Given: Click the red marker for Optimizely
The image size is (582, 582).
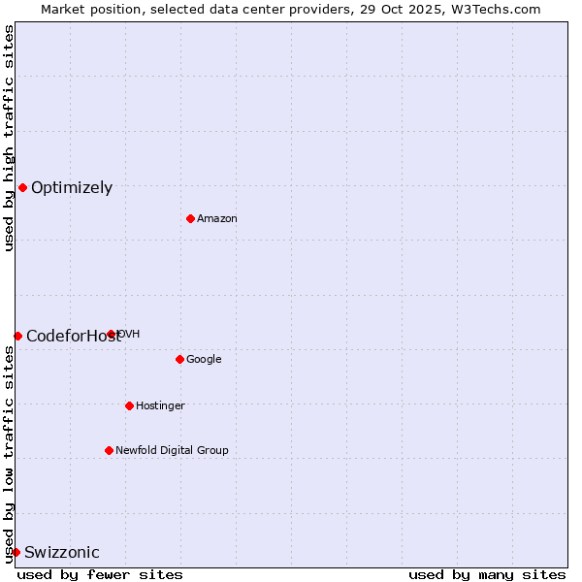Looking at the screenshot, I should tap(22, 187).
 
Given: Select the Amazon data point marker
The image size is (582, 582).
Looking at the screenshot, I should tap(190, 218).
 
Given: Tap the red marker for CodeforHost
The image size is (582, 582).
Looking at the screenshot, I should tap(17, 336).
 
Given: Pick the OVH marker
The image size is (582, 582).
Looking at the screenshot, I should tap(112, 334).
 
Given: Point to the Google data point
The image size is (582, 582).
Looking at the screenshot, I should tap(179, 359).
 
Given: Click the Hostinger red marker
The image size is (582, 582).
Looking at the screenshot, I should tap(129, 405).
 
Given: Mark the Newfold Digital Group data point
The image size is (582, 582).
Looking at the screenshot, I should tap(109, 450).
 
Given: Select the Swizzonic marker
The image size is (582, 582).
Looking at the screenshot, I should tap(16, 552).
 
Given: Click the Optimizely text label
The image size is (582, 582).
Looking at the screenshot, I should tap(72, 188).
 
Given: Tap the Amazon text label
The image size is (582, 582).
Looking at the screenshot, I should tap(217, 219).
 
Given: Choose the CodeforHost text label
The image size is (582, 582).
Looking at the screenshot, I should tap(74, 337).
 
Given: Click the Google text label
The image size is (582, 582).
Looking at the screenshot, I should tap(204, 360).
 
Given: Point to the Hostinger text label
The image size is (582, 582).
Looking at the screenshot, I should tap(160, 406).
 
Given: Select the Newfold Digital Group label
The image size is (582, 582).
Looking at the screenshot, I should tap(172, 451).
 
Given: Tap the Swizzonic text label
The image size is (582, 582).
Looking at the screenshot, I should tap(62, 553).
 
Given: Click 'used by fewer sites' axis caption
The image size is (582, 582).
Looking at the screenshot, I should tap(100, 575).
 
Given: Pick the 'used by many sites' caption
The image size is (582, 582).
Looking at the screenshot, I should tap(487, 575).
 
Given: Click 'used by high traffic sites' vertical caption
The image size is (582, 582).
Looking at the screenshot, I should tap(9, 138).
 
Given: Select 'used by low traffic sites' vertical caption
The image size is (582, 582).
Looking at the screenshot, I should tap(9, 454).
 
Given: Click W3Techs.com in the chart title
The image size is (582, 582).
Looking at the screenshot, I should tap(499, 9).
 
